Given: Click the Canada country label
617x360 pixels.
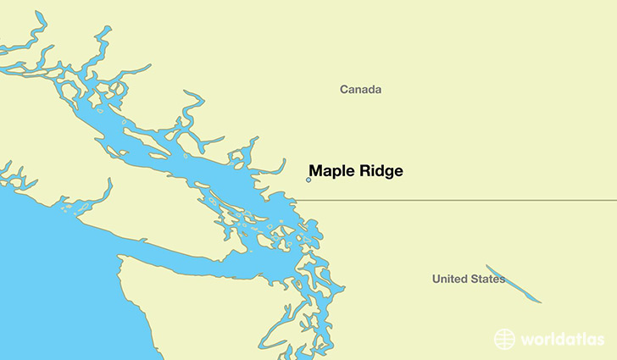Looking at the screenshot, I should pyautogui.click(x=360, y=89).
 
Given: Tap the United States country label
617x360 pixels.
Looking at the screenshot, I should pyautogui.click(x=469, y=279).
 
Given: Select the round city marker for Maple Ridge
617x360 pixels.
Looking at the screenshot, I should pyautogui.click(x=308, y=180).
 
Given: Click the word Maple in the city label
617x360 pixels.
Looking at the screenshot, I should pyautogui.click(x=331, y=170).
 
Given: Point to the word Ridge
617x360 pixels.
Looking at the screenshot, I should pyautogui.click(x=380, y=170).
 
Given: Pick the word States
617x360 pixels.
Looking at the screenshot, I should pyautogui.click(x=487, y=279).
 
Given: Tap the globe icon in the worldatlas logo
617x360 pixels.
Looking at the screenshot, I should pyautogui.click(x=505, y=339).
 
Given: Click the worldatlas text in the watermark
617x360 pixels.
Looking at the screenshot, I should pyautogui.click(x=563, y=339).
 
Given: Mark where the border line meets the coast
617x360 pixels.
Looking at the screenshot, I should pyautogui.click(x=294, y=201).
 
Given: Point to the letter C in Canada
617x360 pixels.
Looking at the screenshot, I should pyautogui.click(x=344, y=89).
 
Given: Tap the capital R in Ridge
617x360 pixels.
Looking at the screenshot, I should pyautogui.click(x=363, y=170).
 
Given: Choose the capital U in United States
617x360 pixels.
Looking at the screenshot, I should pyautogui.click(x=436, y=279).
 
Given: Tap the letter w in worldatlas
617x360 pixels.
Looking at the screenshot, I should pyautogui.click(x=527, y=340).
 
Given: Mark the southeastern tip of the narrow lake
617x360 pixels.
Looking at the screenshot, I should pyautogui.click(x=540, y=302).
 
